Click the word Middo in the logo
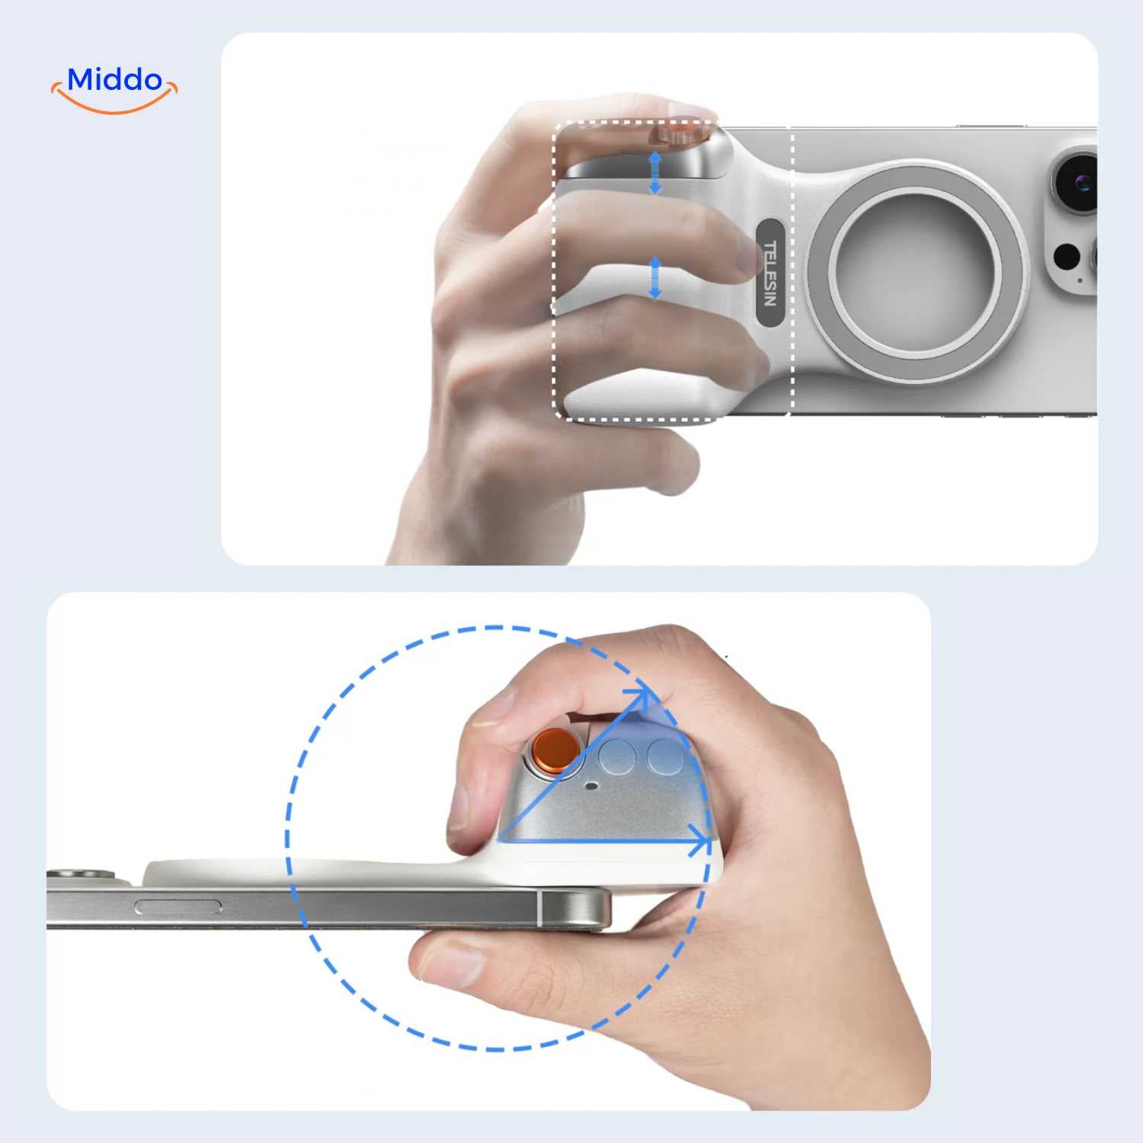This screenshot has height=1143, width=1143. [x=115, y=79]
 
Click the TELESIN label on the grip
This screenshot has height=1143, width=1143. [x=770, y=273]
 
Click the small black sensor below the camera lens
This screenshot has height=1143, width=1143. [x=1067, y=256]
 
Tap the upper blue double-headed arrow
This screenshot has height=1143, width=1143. [x=655, y=172]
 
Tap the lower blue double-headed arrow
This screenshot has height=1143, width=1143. [x=655, y=278]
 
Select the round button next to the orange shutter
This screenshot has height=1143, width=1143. [x=617, y=757]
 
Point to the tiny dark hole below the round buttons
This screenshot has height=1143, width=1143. [x=591, y=786]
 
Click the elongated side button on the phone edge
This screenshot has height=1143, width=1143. [x=178, y=907]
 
